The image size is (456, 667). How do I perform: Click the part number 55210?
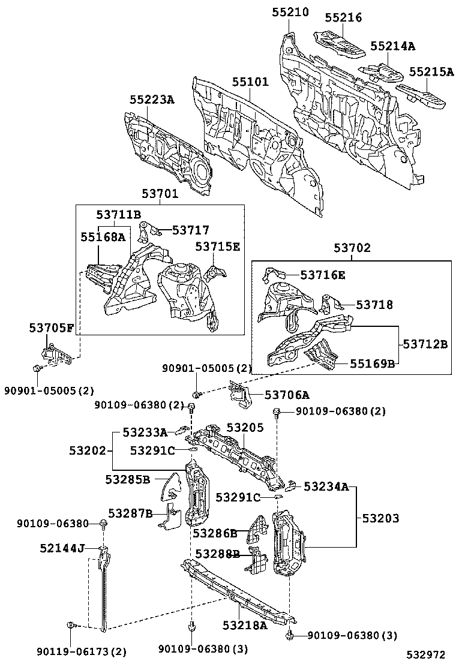(x=291, y=11)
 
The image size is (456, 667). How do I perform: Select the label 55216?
(x=343, y=17)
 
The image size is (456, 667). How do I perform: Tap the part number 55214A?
(x=392, y=46)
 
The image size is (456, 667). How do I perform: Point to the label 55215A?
(x=432, y=71)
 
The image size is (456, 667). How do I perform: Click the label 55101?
(x=250, y=82)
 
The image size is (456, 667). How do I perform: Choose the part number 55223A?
(x=152, y=100)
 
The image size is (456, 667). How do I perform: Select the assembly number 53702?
(x=352, y=247)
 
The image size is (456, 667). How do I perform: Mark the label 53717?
(x=191, y=230)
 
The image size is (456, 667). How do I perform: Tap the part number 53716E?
(x=323, y=275)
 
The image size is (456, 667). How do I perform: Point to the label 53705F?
(x=52, y=328)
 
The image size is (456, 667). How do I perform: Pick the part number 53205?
(x=245, y=427)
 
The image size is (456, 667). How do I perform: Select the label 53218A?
(x=244, y=625)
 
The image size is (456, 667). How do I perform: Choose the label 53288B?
(x=217, y=553)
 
